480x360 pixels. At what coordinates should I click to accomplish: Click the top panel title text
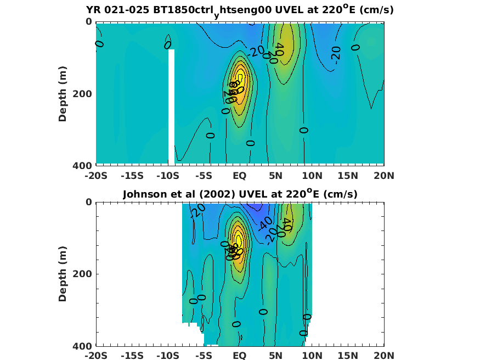(240, 10)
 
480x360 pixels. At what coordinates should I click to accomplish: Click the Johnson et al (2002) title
(240, 194)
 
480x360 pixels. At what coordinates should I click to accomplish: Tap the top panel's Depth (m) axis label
(63, 93)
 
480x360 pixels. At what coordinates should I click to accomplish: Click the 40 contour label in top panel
(279, 49)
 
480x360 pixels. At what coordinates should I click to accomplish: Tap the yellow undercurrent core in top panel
(240, 82)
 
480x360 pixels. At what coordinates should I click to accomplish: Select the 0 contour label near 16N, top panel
(355, 47)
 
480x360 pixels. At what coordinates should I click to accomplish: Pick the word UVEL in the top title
(283, 10)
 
